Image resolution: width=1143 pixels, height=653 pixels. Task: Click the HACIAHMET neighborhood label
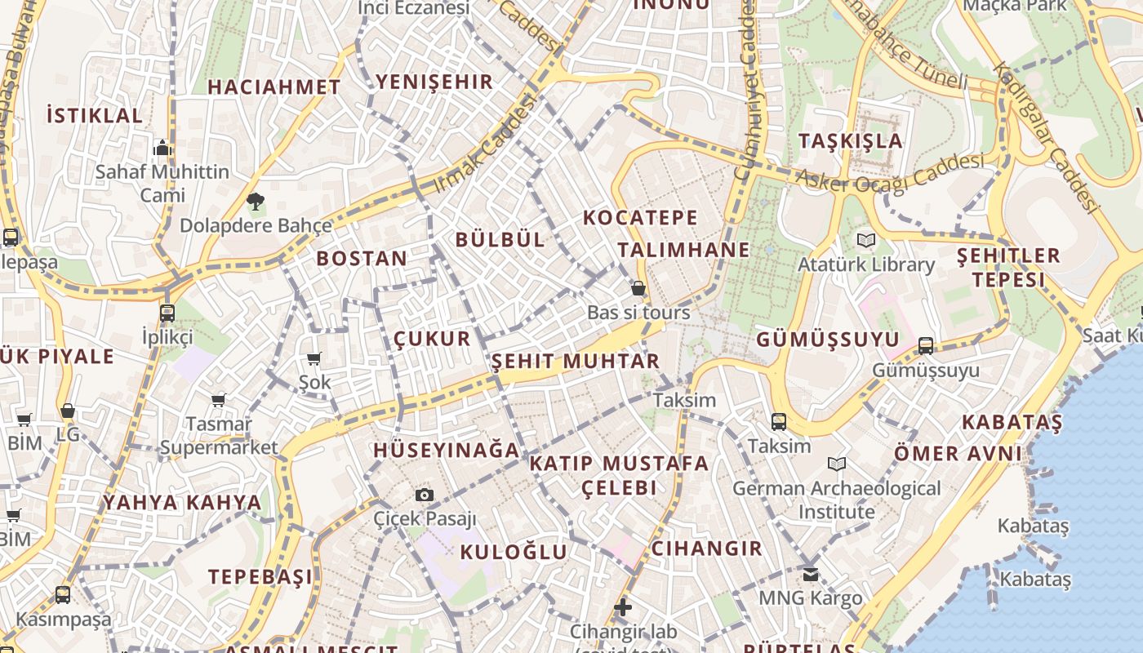[x=274, y=87]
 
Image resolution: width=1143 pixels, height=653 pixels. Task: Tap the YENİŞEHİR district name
[x=434, y=82]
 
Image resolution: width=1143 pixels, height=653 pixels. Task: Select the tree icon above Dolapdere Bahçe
[x=256, y=201]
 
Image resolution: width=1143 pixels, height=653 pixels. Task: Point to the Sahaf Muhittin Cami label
[x=162, y=183]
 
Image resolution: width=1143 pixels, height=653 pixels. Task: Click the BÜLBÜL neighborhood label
[x=500, y=239]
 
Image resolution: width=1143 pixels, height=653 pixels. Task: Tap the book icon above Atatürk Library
[x=866, y=241]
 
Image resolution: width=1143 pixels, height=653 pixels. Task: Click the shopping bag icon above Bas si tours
[x=638, y=288]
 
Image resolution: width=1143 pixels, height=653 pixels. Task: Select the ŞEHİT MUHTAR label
[x=576, y=361]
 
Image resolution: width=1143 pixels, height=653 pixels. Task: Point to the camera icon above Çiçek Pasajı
[x=425, y=495]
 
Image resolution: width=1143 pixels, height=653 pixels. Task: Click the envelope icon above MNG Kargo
[x=811, y=575]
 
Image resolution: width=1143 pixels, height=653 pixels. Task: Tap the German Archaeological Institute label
[x=837, y=500]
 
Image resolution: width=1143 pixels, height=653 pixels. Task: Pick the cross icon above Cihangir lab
[x=623, y=607]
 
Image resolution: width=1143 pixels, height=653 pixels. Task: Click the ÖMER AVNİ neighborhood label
[x=958, y=453]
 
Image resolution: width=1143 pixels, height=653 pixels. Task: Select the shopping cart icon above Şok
[x=314, y=358]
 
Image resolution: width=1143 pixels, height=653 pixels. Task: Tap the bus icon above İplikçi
[x=167, y=313]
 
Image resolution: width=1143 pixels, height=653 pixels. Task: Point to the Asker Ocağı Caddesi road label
[x=889, y=173]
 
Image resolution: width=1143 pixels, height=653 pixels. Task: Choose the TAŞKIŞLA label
[x=851, y=140]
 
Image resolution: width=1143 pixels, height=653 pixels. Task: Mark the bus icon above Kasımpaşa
[x=63, y=595]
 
